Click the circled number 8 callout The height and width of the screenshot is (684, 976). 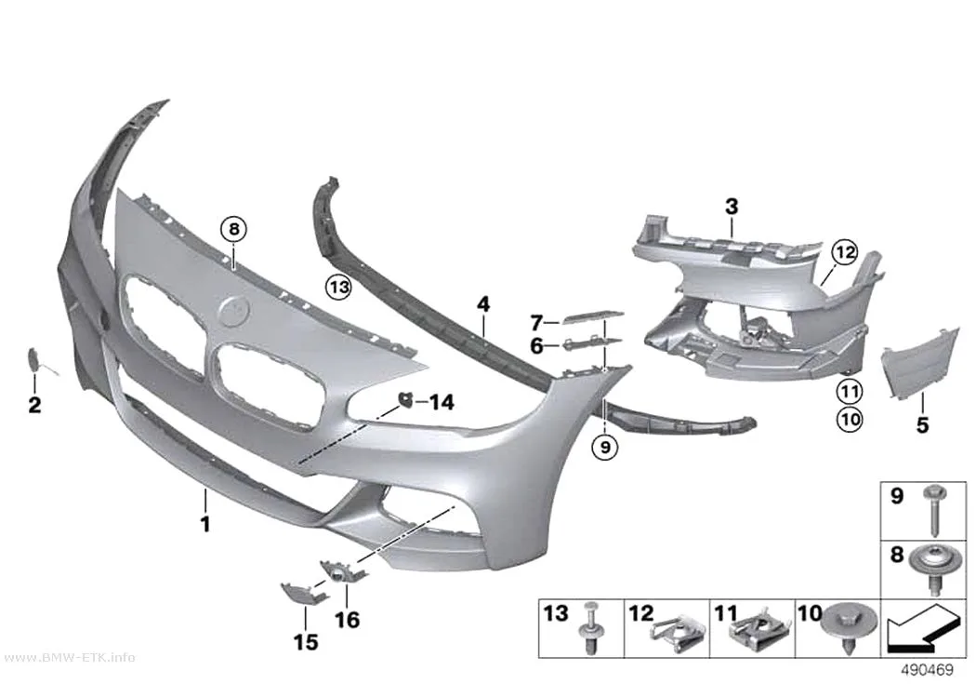coord(233,229)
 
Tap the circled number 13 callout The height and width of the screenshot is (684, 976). coord(338,288)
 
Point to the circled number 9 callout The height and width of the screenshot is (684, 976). coord(605,446)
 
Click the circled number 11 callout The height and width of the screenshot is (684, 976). coord(850,391)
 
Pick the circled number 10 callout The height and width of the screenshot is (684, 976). coord(850,419)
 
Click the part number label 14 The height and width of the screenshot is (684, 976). coord(442,402)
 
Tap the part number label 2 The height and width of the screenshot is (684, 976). coord(35,405)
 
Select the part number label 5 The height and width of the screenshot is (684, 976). coord(922,425)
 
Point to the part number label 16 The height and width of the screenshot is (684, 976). coord(348,620)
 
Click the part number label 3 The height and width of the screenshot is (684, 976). coord(732,207)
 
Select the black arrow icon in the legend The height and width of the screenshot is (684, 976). coord(923,630)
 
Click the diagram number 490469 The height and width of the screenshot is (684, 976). coord(928,670)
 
